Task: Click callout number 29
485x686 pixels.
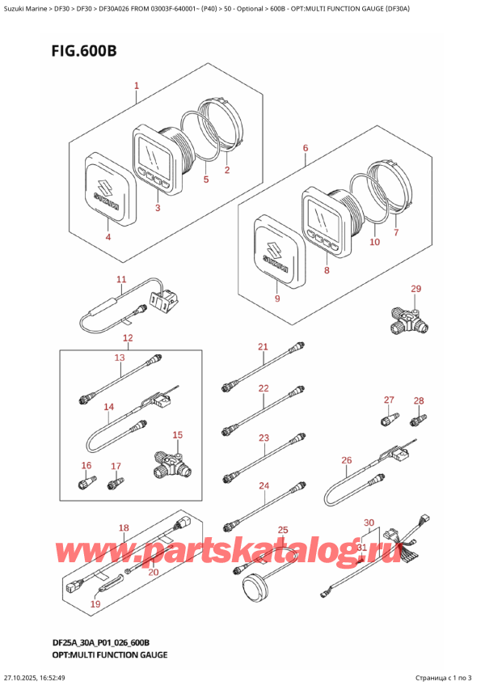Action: tap(415, 289)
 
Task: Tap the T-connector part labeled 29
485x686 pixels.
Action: tap(411, 319)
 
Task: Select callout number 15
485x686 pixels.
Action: tap(177, 434)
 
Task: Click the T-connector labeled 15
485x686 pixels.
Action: tap(169, 463)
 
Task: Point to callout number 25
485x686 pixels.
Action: tap(282, 530)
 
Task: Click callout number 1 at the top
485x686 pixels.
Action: tap(137, 85)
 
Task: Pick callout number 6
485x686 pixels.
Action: tap(305, 148)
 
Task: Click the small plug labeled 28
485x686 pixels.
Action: tap(419, 419)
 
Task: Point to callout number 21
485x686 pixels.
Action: tap(262, 347)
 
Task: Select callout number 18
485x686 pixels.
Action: tap(124, 528)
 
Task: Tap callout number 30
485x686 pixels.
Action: tap(369, 522)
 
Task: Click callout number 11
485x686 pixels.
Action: tap(121, 280)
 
